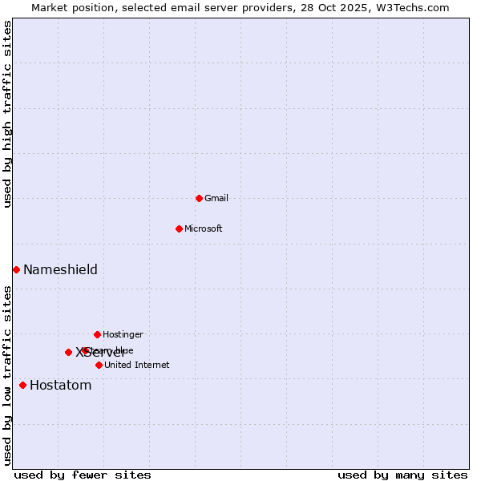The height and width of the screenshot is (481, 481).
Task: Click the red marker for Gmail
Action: (x=199, y=198)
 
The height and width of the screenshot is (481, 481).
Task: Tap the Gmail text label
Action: (x=216, y=199)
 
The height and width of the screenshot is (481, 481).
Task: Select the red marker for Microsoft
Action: (x=179, y=228)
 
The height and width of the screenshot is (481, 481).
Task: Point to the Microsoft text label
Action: (x=204, y=229)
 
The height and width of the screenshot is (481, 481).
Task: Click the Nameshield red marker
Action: (x=16, y=269)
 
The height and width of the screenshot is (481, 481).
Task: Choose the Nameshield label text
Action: (x=60, y=270)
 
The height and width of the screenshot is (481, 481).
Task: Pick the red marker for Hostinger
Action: (x=97, y=334)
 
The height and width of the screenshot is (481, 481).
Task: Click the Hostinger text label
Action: (x=123, y=335)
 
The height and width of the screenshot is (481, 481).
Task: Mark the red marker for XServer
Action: (x=68, y=352)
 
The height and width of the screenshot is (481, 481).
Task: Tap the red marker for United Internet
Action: (x=99, y=365)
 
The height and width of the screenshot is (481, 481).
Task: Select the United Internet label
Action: (x=137, y=366)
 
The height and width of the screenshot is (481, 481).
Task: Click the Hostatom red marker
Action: (x=22, y=385)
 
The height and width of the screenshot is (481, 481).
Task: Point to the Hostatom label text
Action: (x=61, y=386)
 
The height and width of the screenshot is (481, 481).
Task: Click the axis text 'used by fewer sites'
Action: (x=83, y=475)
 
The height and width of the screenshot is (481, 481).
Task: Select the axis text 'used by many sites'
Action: (x=402, y=475)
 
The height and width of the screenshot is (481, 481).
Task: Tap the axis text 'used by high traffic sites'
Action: (x=8, y=114)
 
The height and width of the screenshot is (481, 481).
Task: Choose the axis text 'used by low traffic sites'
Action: (x=8, y=375)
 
